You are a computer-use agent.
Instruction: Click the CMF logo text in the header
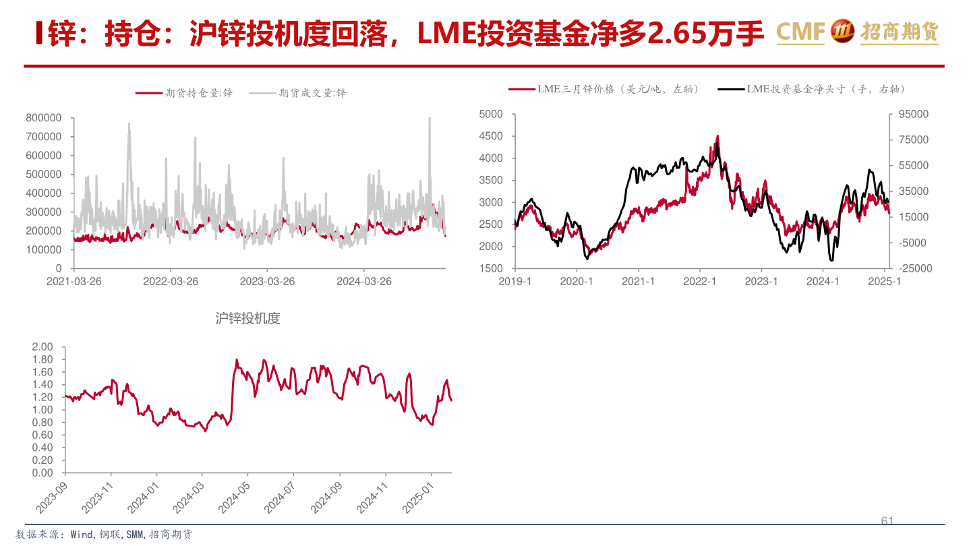tap(800, 32)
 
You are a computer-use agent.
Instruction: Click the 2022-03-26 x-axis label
tap(171, 281)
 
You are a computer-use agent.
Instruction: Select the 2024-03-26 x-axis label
tap(364, 281)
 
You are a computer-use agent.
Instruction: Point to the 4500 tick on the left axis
tap(491, 136)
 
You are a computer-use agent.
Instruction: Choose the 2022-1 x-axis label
tap(699, 281)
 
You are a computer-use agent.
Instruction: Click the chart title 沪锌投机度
tap(247, 318)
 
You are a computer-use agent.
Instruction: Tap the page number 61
tap(887, 521)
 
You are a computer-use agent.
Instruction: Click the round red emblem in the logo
tap(842, 31)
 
